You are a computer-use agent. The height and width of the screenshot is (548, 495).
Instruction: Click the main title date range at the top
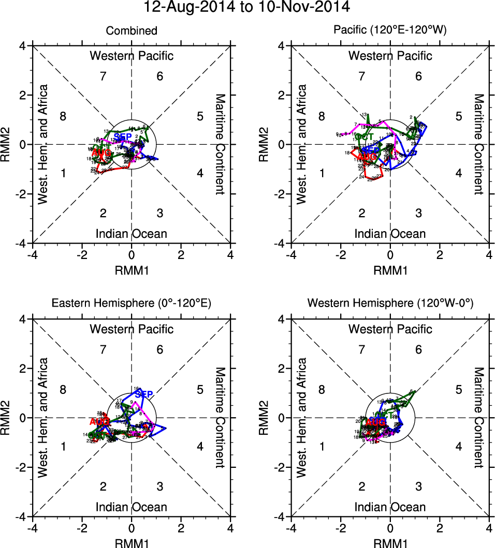247,7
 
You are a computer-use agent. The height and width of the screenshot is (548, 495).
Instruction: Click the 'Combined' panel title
132,31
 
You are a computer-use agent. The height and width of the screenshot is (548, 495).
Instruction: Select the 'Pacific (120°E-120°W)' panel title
390,31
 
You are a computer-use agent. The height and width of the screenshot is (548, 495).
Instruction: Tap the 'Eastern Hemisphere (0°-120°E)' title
132,304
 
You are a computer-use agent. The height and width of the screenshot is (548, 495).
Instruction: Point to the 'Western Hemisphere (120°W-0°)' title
390,304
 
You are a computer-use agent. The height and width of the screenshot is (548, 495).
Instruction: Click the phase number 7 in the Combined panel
103,77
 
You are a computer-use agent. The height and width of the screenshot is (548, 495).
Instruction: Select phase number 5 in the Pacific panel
458,116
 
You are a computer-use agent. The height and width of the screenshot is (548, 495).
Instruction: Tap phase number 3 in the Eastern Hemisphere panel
160,486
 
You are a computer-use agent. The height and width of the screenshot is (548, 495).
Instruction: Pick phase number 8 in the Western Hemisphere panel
322,389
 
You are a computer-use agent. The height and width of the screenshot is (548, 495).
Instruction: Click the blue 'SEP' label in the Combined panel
123,136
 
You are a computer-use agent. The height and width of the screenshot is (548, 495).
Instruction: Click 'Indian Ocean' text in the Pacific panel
390,234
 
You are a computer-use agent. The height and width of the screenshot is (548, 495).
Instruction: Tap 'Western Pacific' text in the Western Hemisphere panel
390,329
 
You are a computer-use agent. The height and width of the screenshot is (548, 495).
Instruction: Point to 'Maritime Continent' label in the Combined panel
220,144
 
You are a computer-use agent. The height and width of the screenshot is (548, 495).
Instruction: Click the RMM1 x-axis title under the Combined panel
132,269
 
